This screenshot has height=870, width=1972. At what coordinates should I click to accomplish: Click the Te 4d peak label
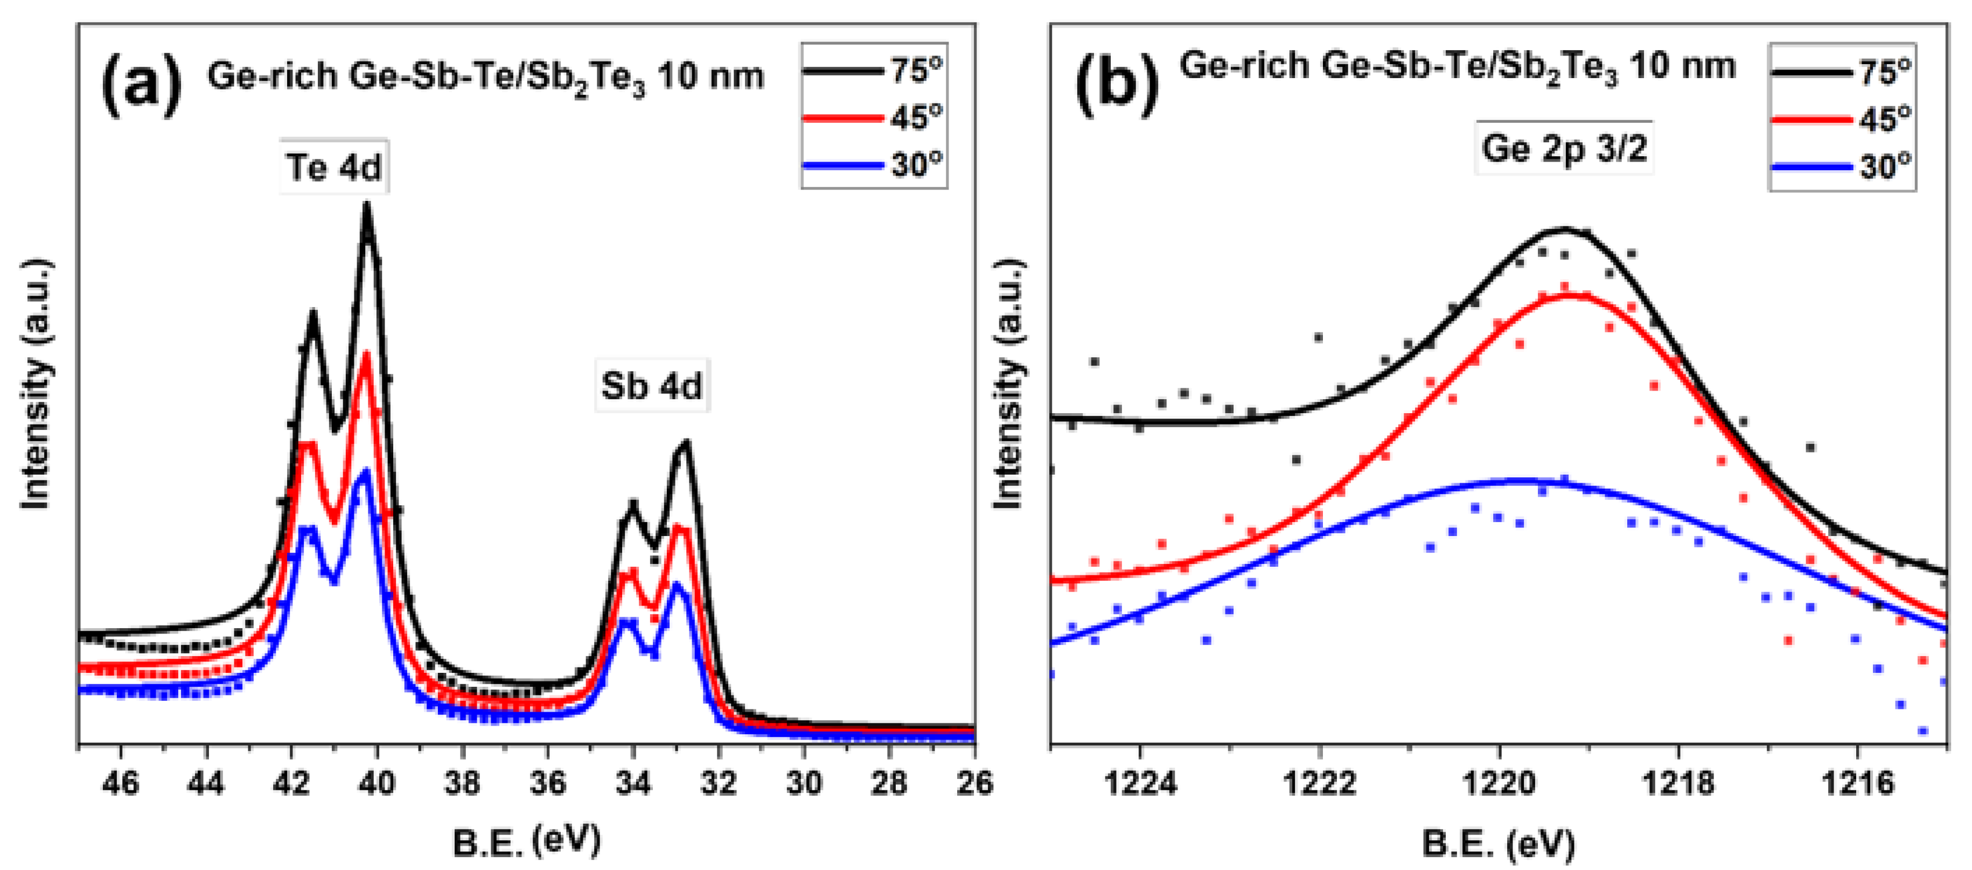(334, 167)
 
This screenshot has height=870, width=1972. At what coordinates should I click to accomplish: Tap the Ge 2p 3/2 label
(1564, 147)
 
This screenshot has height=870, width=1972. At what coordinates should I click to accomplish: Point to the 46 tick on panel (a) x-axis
(120, 783)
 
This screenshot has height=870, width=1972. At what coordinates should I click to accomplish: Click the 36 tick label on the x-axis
(547, 783)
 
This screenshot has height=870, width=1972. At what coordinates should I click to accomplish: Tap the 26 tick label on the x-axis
(972, 783)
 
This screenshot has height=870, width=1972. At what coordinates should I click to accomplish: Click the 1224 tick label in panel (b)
(1141, 783)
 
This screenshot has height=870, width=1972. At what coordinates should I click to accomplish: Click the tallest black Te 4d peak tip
(367, 205)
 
